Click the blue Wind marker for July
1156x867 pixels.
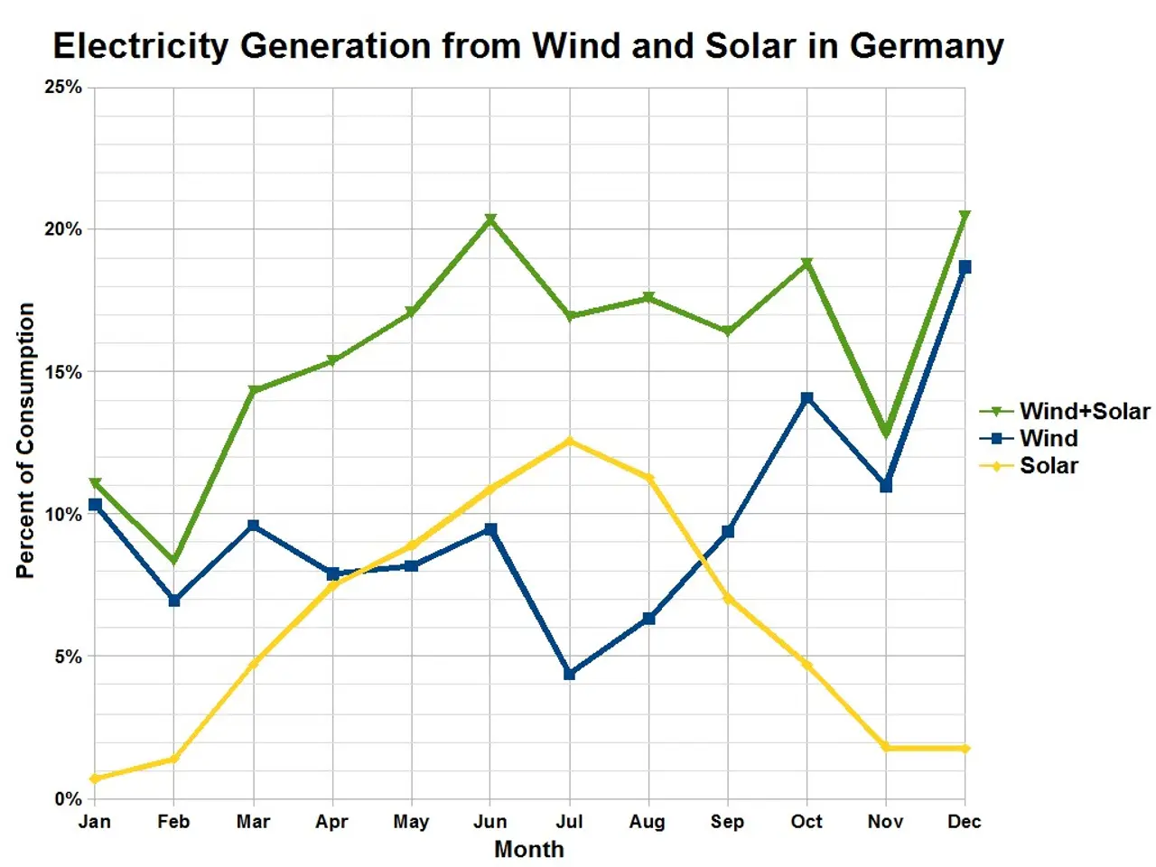point(569,674)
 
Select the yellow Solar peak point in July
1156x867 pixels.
point(569,441)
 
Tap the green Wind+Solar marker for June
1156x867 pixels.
point(490,219)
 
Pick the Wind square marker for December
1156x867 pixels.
point(965,267)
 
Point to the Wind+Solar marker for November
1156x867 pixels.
point(886,433)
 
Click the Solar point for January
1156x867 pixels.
point(95,778)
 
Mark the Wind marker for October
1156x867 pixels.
point(806,398)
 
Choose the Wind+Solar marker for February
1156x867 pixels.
point(174,561)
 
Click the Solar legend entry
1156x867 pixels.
point(1048,466)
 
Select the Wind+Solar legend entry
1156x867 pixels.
point(1084,412)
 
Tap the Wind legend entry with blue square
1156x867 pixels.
point(1048,439)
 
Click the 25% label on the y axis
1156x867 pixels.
point(63,87)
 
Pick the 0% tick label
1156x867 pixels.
point(68,799)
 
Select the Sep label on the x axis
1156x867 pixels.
point(727,822)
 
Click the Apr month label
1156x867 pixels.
point(332,822)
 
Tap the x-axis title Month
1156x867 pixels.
point(529,850)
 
